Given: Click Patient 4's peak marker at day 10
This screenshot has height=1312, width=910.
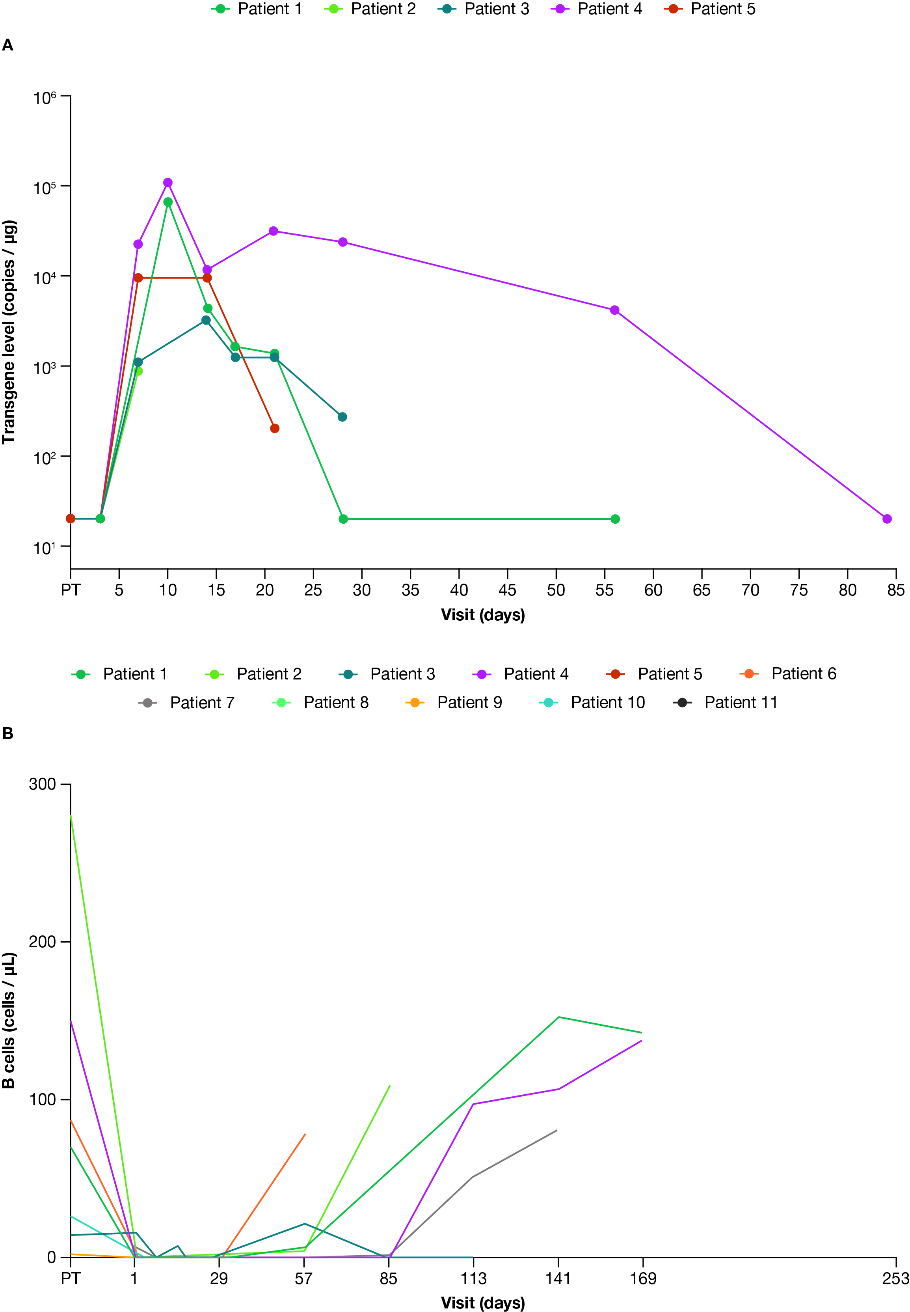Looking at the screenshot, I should pyautogui.click(x=167, y=183).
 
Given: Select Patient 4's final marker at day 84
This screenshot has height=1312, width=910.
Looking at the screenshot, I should pyautogui.click(x=887, y=519).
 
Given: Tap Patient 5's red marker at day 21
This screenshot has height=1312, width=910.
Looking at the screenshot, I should pyautogui.click(x=275, y=428).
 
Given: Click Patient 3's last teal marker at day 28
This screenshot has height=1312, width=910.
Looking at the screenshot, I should pyautogui.click(x=342, y=417).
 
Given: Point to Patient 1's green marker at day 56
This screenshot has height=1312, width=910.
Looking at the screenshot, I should pyautogui.click(x=615, y=519).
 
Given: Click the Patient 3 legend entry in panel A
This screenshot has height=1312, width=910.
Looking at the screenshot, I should pyautogui.click(x=484, y=9).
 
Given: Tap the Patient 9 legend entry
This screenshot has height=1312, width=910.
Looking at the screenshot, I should pyautogui.click(x=454, y=703).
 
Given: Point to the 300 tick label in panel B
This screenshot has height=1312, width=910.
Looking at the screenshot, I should pyautogui.click(x=42, y=784).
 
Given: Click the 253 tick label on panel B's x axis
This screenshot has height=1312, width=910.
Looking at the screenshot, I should pyautogui.click(x=895, y=1279).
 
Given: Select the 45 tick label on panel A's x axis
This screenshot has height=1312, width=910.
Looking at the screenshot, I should pyautogui.click(x=508, y=590).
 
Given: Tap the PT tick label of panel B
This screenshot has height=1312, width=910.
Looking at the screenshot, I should pyautogui.click(x=70, y=1279).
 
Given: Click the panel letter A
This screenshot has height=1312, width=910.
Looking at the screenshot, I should pyautogui.click(x=7, y=45).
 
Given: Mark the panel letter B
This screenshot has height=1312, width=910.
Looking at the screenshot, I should pyautogui.click(x=7, y=733).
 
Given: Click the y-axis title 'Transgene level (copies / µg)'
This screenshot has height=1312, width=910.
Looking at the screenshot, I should pyautogui.click(x=9, y=332).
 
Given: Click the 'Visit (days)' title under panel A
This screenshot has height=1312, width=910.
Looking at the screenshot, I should pyautogui.click(x=482, y=615).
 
